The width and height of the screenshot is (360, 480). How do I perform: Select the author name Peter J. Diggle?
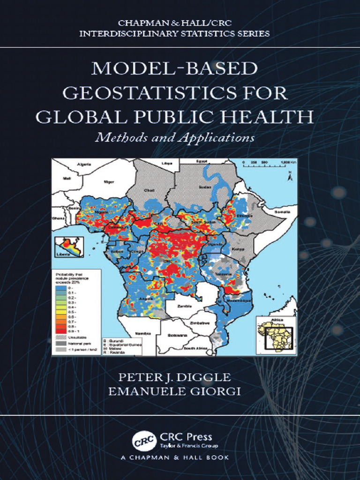pyautogui.click(x=174, y=377)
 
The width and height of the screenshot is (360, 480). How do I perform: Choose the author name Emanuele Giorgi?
pyautogui.click(x=174, y=391)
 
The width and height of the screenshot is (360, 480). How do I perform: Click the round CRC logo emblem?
pyautogui.click(x=141, y=441)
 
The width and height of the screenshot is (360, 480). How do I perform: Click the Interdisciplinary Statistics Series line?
pyautogui.click(x=174, y=34)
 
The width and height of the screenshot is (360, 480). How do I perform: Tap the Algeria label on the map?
pyautogui.click(x=83, y=165)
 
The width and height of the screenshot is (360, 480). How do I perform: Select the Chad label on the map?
pyautogui.click(x=149, y=191)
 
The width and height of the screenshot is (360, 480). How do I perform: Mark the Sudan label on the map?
pyautogui.click(x=205, y=186)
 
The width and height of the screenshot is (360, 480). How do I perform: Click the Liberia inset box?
pyautogui.click(x=69, y=247)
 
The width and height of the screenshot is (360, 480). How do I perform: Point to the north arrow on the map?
pyautogui.click(x=290, y=176)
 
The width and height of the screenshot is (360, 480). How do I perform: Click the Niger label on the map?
pyautogui.click(x=109, y=181)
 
